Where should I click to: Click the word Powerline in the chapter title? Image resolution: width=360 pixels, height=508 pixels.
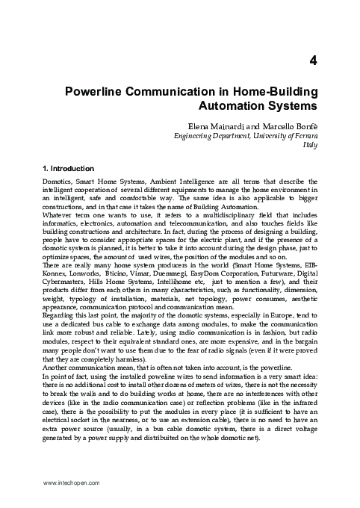(99, 93)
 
